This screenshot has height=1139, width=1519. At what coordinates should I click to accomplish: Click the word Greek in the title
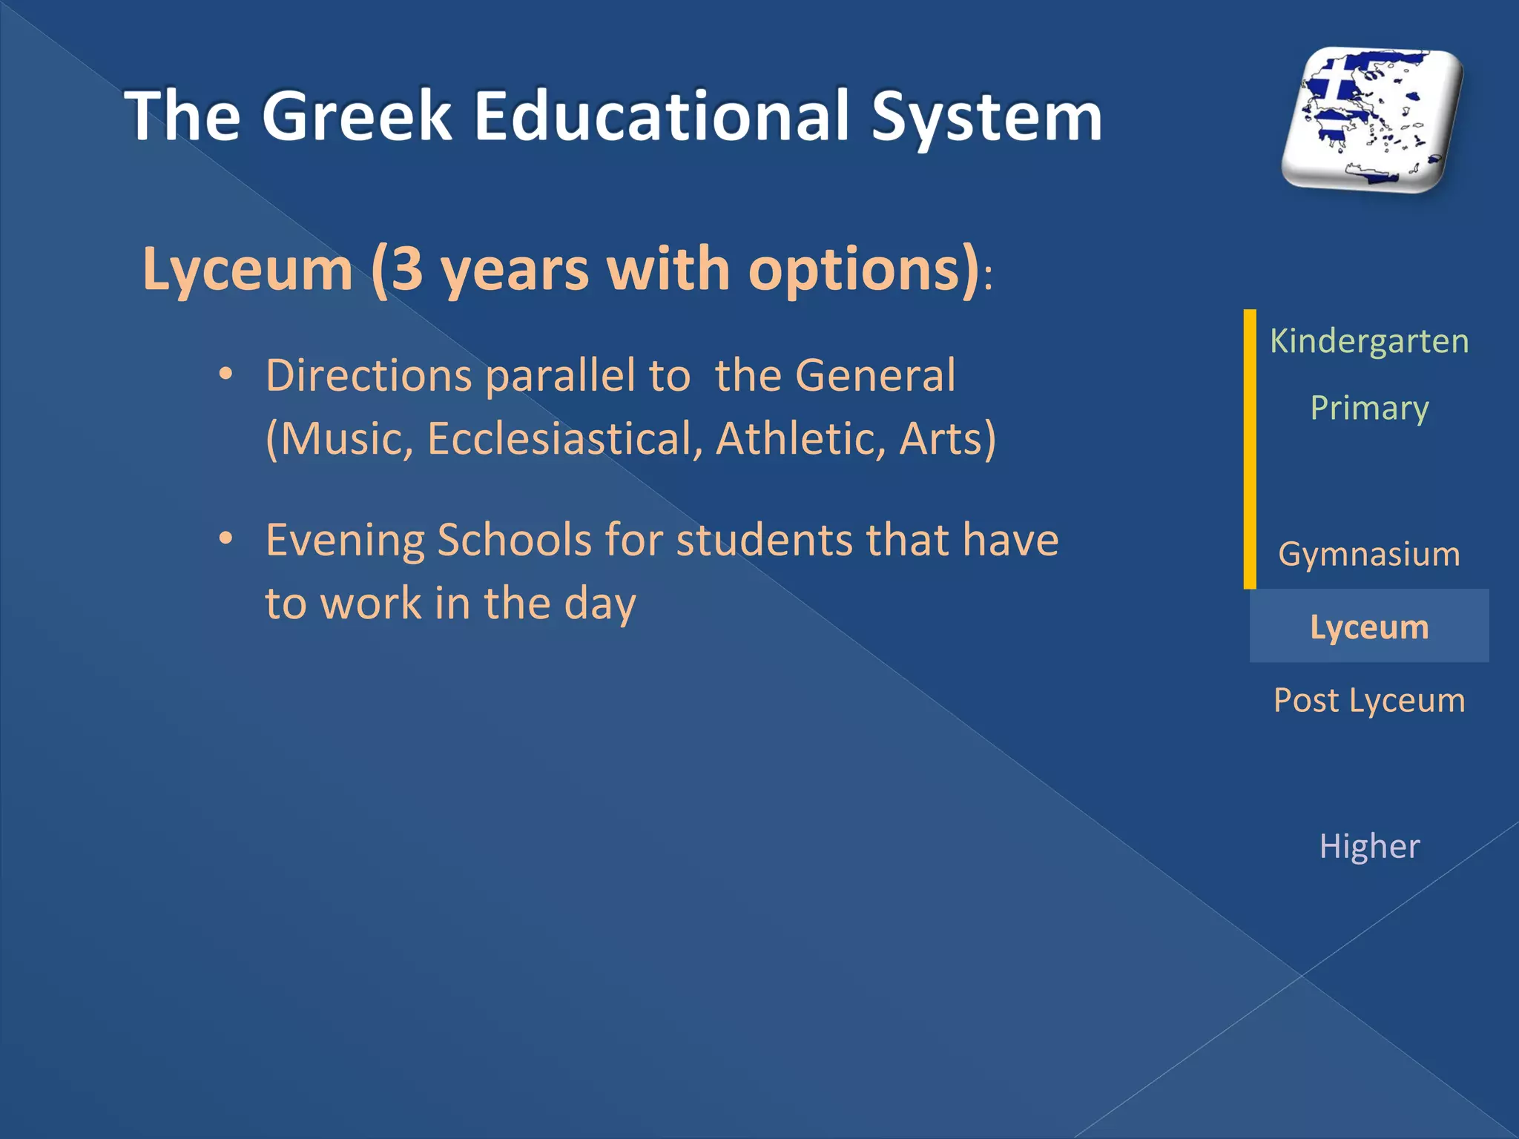point(356,116)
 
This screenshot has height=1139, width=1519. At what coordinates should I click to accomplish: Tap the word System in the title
point(986,116)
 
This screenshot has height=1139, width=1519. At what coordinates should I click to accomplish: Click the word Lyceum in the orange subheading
point(248,270)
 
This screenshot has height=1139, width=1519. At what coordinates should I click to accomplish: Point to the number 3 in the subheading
point(406,270)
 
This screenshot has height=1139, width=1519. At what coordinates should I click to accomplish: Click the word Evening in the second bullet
point(345,540)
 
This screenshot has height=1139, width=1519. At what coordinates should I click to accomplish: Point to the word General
point(875,375)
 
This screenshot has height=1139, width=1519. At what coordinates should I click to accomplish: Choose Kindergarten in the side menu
point(1369,341)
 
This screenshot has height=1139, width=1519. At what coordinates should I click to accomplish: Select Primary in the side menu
point(1369,408)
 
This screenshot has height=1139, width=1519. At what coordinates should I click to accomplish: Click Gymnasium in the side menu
point(1369,554)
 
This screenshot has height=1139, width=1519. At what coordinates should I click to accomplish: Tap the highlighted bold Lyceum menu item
point(1369,627)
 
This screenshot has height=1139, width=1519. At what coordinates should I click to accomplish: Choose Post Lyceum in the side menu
point(1369,700)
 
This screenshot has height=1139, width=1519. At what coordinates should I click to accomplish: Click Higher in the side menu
point(1369,846)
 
